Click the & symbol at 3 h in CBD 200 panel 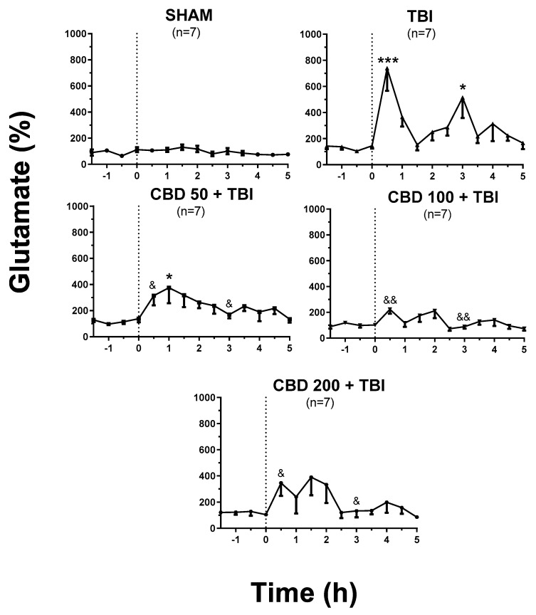(x=357, y=500)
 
